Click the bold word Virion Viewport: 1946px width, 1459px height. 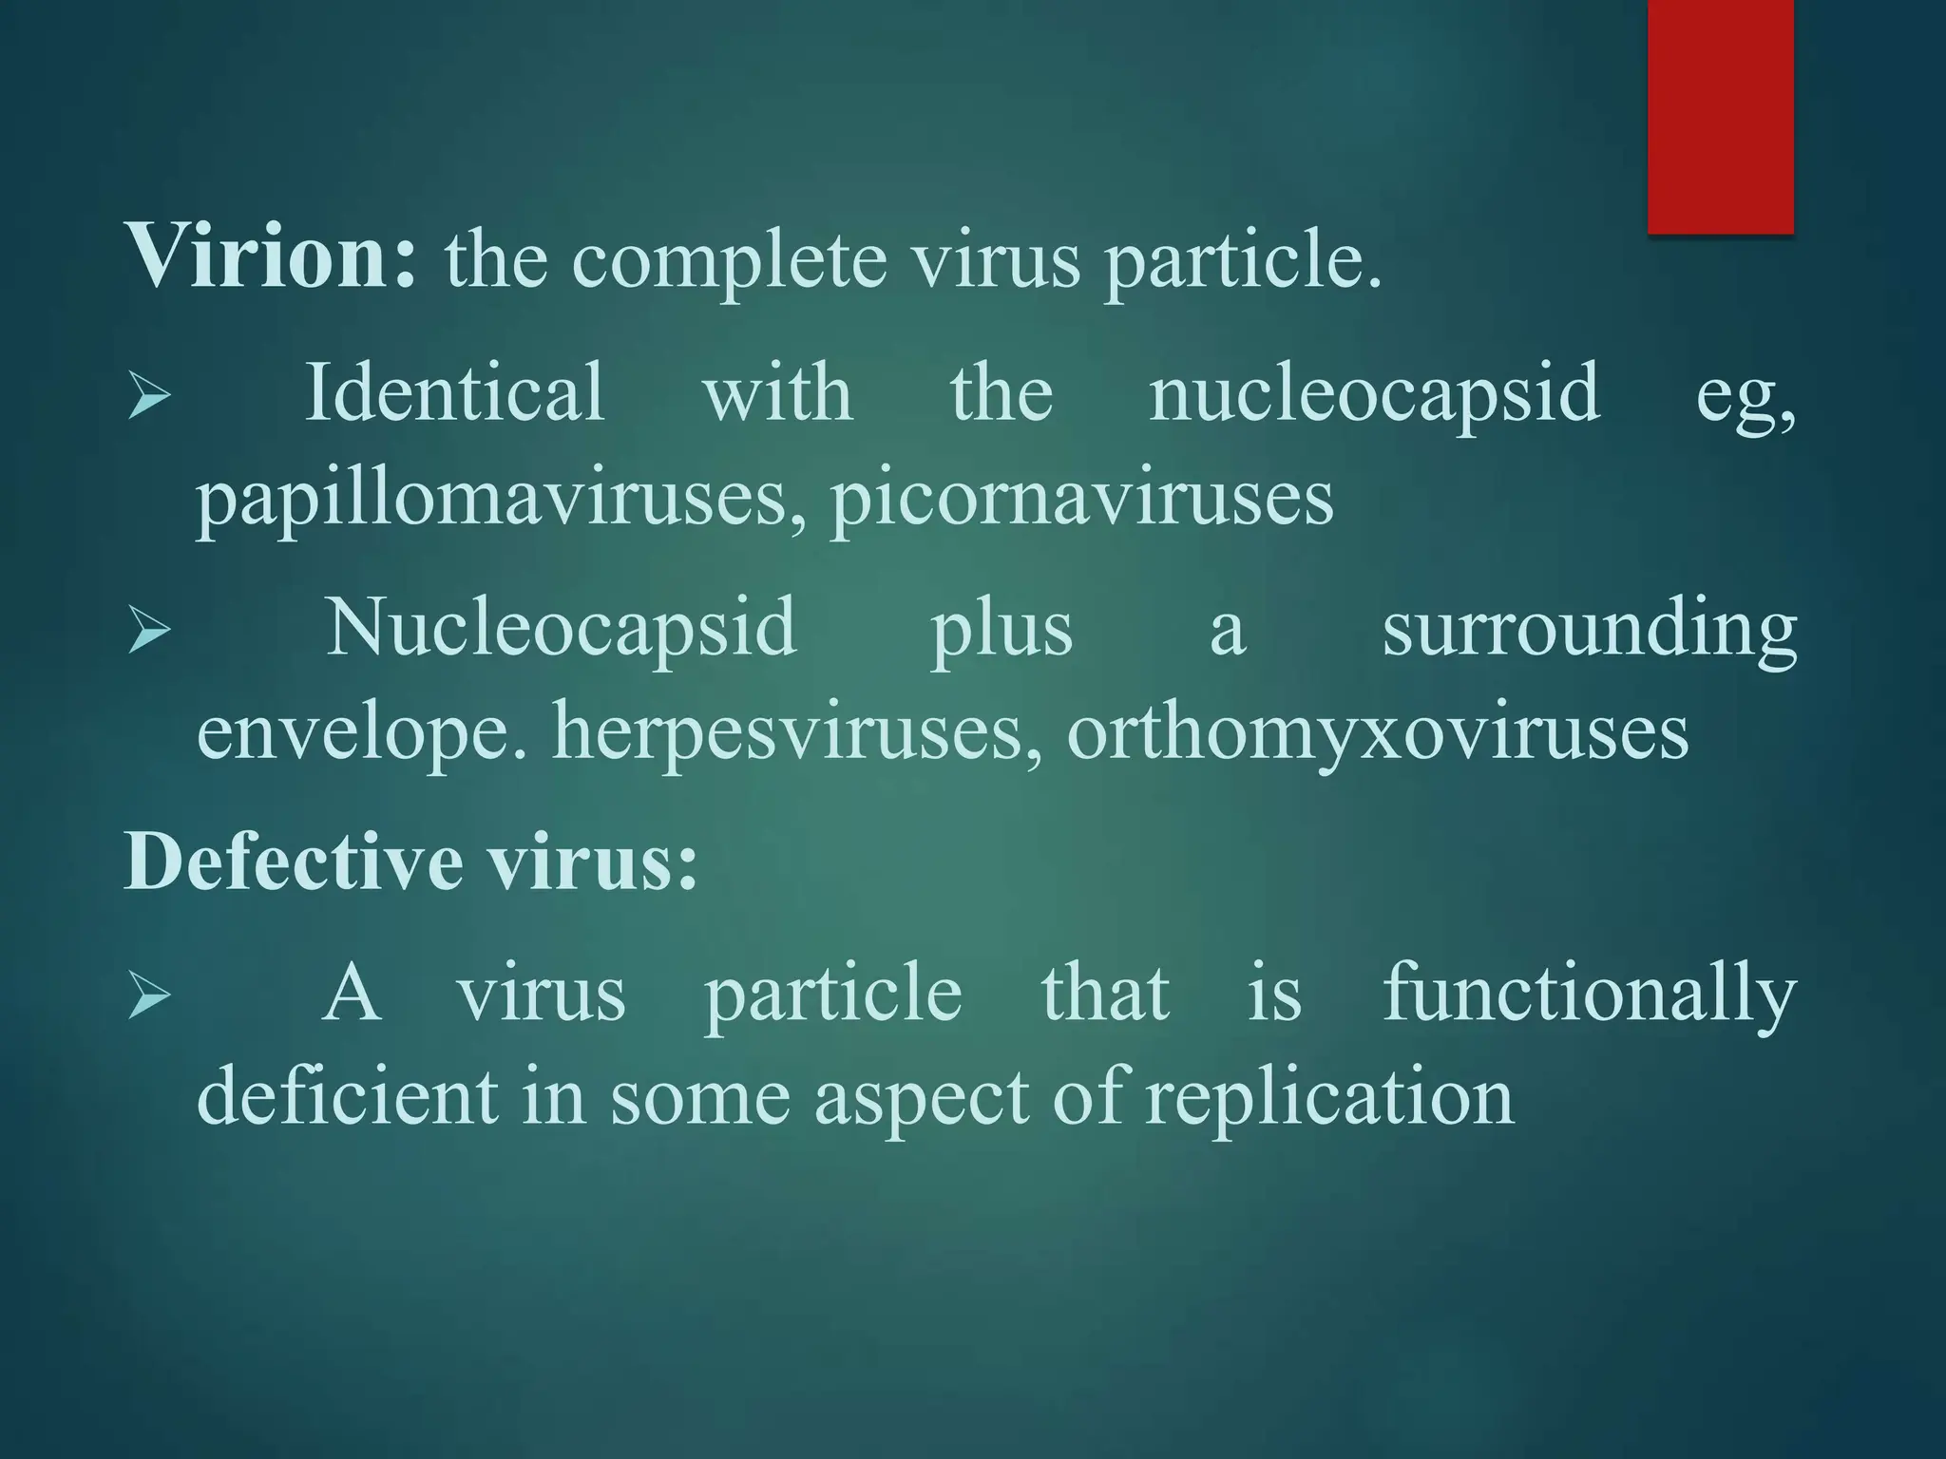tap(271, 256)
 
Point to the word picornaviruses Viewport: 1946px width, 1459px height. tap(1082, 499)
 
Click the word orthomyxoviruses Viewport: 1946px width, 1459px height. tap(1378, 732)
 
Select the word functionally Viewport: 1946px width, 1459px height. tap(1589, 994)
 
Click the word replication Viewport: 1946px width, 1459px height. tap(1330, 1097)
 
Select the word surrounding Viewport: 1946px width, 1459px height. tap(1589, 630)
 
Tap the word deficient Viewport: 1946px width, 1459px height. tap(347, 1097)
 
